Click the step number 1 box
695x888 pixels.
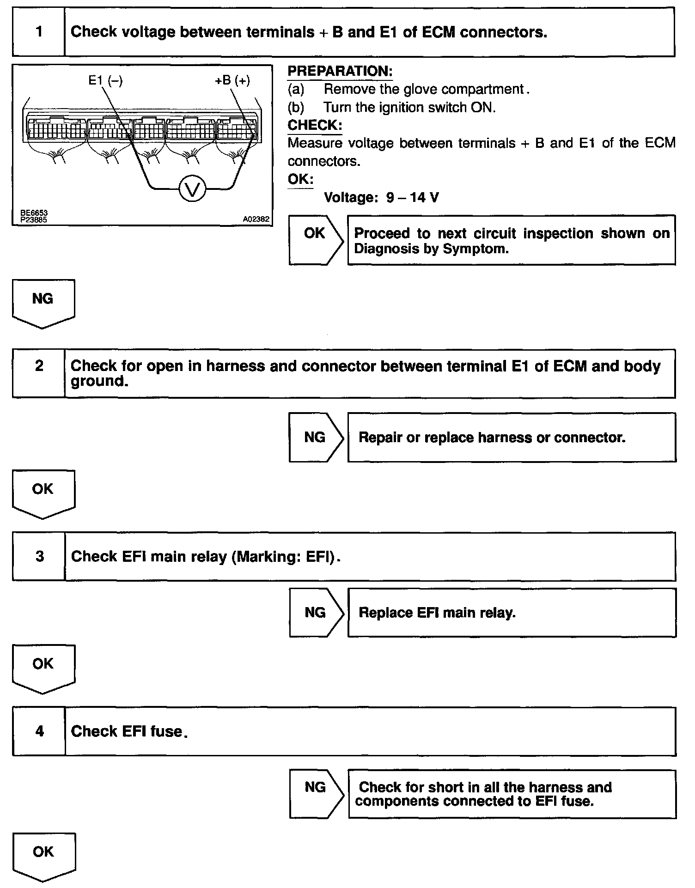39,32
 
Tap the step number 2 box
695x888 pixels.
39,373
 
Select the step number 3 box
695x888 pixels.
39,556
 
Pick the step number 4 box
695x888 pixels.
39,731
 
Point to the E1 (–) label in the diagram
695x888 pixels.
105,80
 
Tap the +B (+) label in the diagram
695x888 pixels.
232,80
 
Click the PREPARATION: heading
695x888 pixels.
340,71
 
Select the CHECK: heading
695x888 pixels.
315,125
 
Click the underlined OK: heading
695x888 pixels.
300,179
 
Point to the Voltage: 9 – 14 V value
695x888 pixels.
381,198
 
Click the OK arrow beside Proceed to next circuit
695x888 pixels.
316,240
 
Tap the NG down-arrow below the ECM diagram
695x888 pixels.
43,302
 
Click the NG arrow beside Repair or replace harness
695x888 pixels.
316,437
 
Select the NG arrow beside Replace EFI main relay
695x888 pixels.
316,612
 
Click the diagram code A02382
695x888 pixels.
256,219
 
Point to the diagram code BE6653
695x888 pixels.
34,213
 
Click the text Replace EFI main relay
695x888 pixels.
437,613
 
